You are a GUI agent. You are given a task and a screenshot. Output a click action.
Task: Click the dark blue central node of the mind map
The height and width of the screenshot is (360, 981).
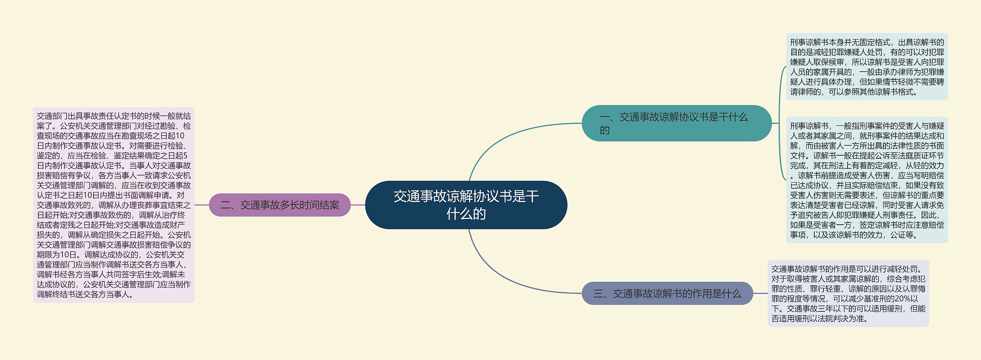(x=466, y=205)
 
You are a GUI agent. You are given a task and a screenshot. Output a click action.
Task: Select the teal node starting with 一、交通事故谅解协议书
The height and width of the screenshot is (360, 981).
(x=676, y=123)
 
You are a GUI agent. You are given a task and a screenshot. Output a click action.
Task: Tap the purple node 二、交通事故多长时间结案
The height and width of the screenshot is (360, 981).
(x=280, y=205)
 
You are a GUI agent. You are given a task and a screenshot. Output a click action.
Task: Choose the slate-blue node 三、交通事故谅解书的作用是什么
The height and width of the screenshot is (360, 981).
(x=667, y=294)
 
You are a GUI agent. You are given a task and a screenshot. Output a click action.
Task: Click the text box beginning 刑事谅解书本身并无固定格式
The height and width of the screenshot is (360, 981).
(x=867, y=67)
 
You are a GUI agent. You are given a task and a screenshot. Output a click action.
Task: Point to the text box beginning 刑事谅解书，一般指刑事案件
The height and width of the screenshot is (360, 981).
(x=867, y=180)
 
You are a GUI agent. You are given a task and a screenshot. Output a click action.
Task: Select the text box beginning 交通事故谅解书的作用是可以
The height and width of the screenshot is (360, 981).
(x=848, y=294)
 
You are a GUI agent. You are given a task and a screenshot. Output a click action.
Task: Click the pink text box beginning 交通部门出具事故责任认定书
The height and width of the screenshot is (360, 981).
(x=114, y=205)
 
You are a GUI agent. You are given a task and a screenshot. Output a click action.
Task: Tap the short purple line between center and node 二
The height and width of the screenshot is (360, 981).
(x=358, y=205)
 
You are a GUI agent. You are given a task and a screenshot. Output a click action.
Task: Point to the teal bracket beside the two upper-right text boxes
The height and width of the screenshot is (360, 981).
(x=780, y=123)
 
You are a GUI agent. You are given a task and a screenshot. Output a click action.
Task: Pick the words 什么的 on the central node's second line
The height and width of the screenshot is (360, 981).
(x=466, y=214)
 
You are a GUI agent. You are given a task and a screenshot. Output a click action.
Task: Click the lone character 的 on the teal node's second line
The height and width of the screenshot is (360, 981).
(x=605, y=130)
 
